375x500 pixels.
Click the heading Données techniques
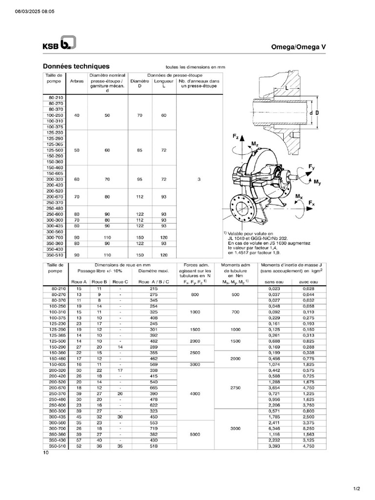click(76, 66)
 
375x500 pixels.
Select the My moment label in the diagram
click(317, 182)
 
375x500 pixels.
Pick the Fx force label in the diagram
click(312, 203)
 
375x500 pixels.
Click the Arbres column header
click(77, 81)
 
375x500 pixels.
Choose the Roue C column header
click(120, 282)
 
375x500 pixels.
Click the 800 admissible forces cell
click(195, 294)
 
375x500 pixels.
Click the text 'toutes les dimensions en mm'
click(195, 68)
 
